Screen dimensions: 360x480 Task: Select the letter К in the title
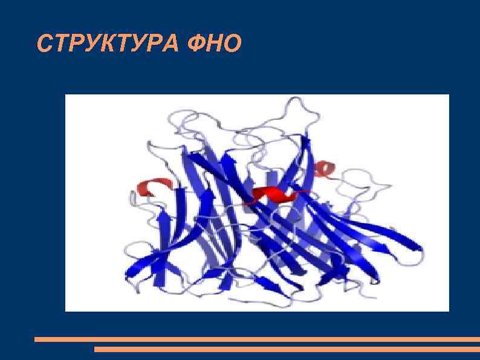point(103,44)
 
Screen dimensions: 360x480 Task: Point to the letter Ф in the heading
point(196,44)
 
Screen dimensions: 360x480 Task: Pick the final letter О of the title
point(233,44)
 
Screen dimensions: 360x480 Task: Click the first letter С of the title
point(44,44)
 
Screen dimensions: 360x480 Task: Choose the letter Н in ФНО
point(215,44)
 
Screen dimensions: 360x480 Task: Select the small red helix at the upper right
point(326,169)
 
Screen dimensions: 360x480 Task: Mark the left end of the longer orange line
point(36,339)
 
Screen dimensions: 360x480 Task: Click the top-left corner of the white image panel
point(66,95)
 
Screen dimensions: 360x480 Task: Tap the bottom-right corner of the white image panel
point(449,310)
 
